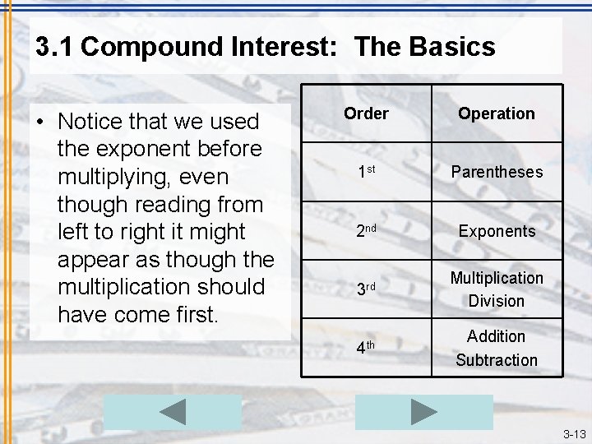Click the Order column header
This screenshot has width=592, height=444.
[x=366, y=113]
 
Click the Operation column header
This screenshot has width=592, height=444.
[x=497, y=113]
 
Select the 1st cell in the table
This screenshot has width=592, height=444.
[x=366, y=173]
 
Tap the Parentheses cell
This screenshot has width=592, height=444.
[x=497, y=172]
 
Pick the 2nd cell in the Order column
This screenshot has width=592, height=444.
[x=366, y=232]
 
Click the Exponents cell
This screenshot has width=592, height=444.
[x=497, y=231]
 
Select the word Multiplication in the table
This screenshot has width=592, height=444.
[x=497, y=278]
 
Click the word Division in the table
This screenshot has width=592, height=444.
[x=497, y=301]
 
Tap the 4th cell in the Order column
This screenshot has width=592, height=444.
[x=366, y=348]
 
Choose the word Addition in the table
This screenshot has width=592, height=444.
[x=497, y=335]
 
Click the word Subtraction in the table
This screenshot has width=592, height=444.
[x=497, y=359]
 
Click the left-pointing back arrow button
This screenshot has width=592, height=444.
[x=173, y=412]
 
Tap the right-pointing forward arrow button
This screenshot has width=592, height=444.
[x=423, y=412]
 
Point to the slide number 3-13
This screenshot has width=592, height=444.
[x=574, y=433]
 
